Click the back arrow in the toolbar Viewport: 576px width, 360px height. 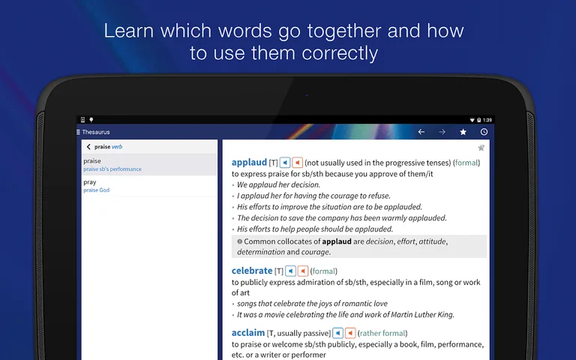421,132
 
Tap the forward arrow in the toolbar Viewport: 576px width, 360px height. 442,132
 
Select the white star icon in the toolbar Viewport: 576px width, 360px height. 463,132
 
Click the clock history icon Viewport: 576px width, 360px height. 484,132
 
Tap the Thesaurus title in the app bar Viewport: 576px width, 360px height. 96,132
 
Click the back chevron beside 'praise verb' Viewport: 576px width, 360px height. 88,147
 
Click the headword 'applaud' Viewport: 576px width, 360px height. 249,162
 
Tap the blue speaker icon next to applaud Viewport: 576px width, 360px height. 285,162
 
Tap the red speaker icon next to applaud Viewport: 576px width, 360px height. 297,162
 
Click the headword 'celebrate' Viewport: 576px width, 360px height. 252,271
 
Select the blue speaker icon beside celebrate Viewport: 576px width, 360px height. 290,271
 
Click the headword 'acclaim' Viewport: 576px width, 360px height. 248,333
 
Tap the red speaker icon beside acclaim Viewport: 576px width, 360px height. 350,333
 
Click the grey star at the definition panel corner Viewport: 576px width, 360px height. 481,148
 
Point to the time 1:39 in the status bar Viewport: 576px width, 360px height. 487,120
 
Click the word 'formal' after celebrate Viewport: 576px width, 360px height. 324,271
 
